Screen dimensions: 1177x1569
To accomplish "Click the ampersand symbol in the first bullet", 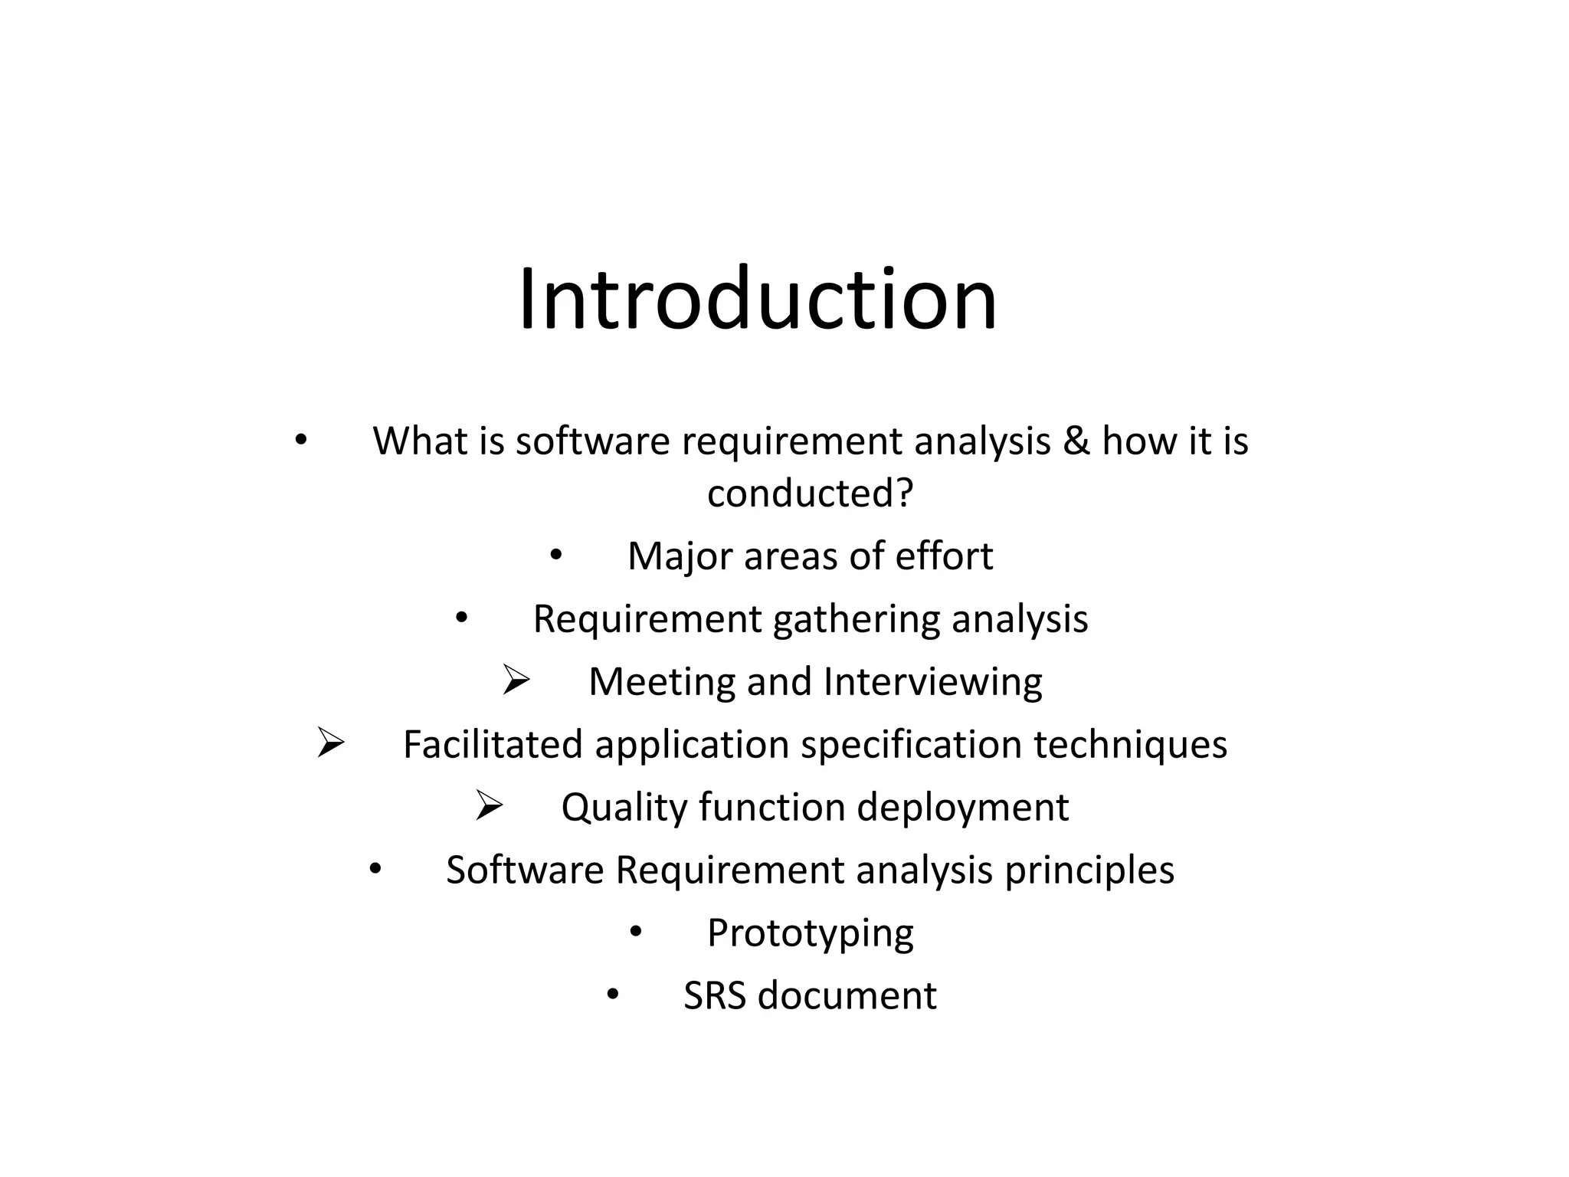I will pos(1076,441).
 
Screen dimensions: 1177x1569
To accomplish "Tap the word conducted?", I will pos(810,493).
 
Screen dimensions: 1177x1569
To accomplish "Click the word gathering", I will pos(856,620).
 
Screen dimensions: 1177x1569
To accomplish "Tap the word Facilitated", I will pos(493,745).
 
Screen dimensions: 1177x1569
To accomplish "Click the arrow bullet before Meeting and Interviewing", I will pos(516,680).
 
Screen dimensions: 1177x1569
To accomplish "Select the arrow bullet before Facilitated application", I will pos(331,743).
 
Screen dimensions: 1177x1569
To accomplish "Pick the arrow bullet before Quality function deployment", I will pos(489,806).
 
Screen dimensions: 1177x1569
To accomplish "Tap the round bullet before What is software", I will pos(301,440).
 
